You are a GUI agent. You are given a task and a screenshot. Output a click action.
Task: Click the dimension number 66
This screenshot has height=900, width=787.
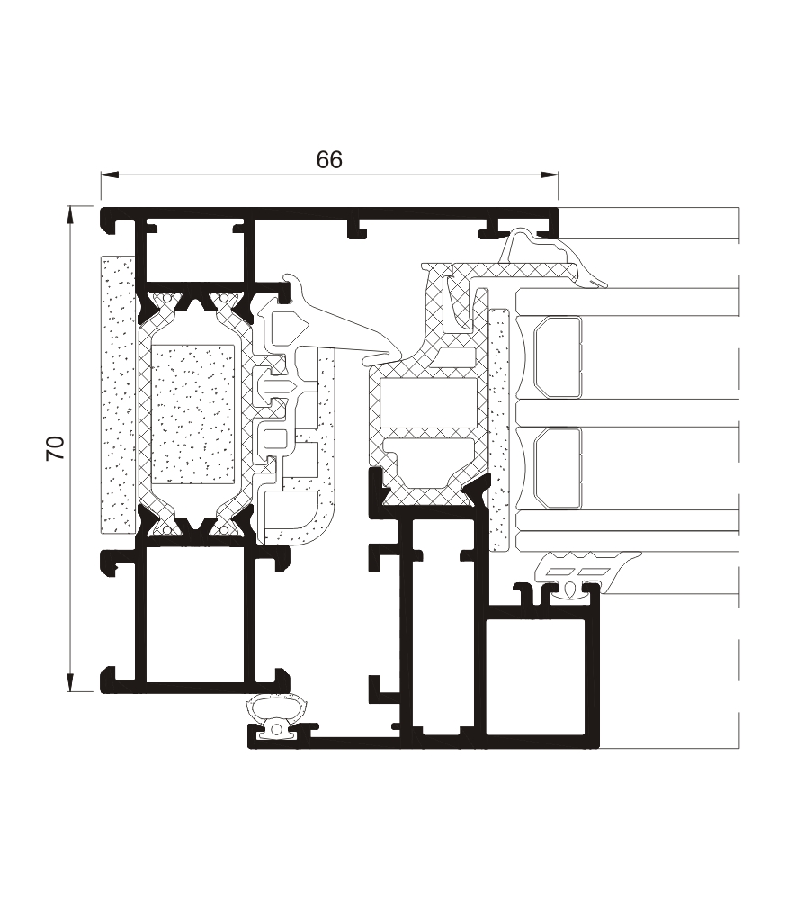pos(329,159)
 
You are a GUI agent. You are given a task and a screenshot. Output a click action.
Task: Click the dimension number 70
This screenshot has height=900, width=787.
pos(56,448)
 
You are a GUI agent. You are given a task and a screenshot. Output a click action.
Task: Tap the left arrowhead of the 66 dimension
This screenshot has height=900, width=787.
pos(109,175)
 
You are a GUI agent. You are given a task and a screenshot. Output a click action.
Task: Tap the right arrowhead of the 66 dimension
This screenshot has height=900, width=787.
pos(550,175)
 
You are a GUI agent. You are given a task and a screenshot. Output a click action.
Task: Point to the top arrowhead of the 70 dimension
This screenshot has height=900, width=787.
pos(70,214)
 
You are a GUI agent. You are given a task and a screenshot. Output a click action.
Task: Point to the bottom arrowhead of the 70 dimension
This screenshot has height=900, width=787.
pos(70,683)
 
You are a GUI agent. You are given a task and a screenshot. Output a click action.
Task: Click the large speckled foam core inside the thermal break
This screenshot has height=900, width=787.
pos(193,414)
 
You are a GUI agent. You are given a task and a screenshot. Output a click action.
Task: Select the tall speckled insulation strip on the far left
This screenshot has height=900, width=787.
pos(118,394)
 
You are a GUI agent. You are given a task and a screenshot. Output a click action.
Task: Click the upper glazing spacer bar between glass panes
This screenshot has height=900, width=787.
pos(558,356)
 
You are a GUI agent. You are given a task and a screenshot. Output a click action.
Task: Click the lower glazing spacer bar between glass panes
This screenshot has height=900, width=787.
pos(558,468)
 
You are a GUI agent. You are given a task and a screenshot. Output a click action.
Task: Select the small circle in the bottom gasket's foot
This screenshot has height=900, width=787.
pos(277,730)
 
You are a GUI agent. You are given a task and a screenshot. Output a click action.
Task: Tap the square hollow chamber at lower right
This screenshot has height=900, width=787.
pos(536,676)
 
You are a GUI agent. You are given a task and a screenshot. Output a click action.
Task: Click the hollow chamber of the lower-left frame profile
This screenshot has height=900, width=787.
pos(198,614)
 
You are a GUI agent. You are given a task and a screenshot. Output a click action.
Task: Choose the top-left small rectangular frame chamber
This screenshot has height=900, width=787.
pos(195,252)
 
